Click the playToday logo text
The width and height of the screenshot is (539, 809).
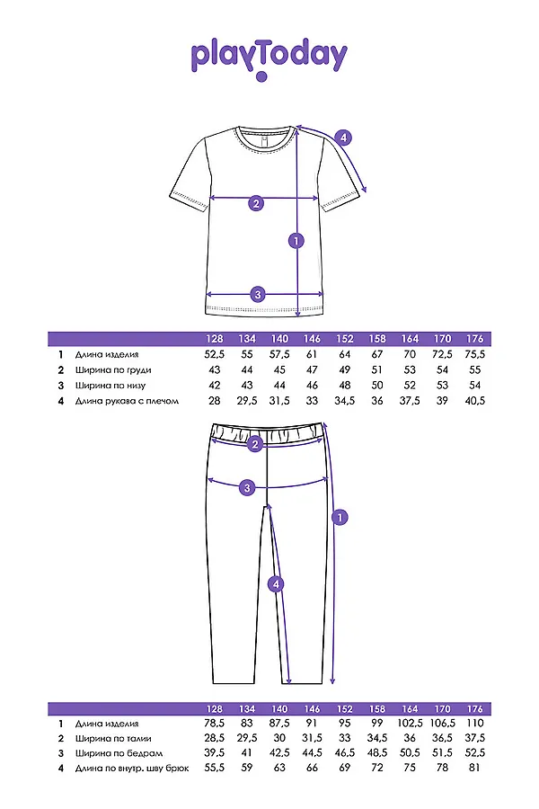pos(269,56)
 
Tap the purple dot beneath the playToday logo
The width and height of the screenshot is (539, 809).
pos(261,78)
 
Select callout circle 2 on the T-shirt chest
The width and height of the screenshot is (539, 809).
pos(256,203)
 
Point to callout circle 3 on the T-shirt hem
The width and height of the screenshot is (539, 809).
pos(258,294)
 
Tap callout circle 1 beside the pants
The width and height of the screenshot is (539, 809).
pos(340,517)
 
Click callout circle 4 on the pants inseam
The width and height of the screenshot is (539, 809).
pos(277,584)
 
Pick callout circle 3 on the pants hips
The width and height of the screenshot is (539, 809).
pos(249,487)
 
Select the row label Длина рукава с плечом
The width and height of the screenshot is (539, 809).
pos(128,401)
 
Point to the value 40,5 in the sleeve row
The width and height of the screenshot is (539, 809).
pos(475,401)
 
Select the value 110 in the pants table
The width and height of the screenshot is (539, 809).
pos(475,722)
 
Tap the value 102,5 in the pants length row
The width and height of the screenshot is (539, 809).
pos(410,722)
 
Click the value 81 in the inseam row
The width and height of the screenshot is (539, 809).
pos(475,769)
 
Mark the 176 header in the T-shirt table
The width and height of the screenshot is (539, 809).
pos(475,339)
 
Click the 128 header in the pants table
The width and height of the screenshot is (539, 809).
pos(215,707)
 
